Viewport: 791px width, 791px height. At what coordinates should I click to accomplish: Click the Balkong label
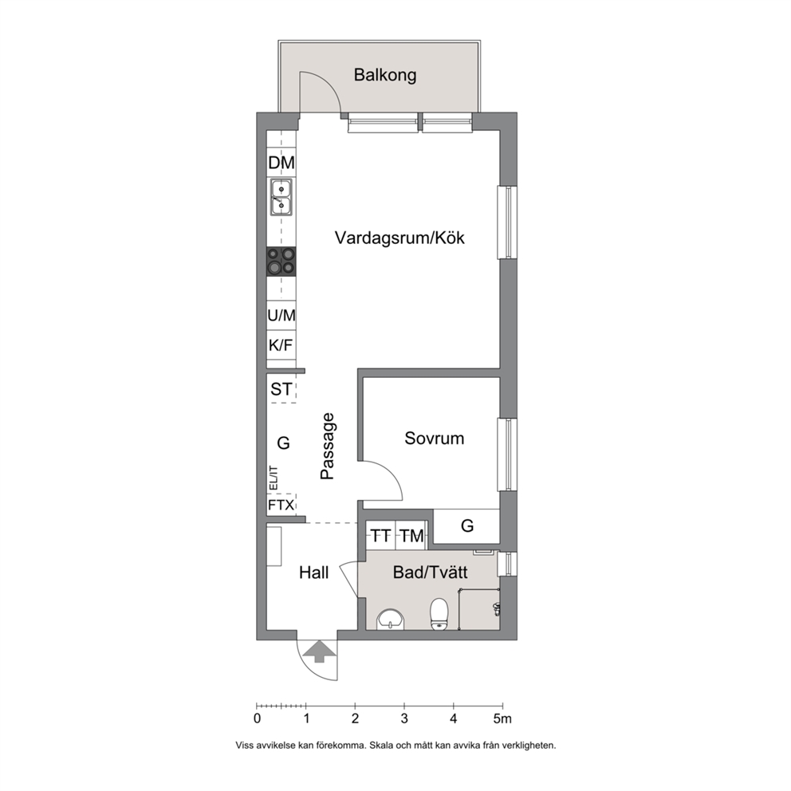point(385,75)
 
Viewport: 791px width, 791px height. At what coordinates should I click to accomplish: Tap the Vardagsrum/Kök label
point(399,238)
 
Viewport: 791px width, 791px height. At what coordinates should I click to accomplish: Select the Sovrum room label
point(435,439)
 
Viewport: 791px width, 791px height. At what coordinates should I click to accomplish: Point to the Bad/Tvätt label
point(431,573)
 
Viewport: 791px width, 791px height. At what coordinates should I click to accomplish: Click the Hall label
point(314,573)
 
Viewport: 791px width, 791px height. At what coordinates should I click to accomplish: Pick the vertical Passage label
point(328,446)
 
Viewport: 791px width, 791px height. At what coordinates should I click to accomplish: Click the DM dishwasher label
point(281,163)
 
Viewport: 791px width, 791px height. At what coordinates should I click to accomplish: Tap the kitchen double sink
point(281,197)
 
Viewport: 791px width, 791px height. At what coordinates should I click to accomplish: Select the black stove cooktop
point(281,262)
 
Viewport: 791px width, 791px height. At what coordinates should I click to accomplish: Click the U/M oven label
point(281,316)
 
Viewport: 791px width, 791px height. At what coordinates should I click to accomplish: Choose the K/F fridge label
point(281,345)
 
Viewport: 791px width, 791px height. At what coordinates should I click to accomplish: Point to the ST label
point(281,389)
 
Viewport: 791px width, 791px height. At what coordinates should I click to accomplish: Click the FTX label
point(281,505)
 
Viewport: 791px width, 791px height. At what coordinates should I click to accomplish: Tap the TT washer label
point(381,536)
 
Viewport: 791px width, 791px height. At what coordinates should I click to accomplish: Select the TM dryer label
point(411,536)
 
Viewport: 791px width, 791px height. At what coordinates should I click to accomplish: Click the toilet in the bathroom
point(439,614)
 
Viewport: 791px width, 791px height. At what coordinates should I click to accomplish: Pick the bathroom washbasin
point(391,619)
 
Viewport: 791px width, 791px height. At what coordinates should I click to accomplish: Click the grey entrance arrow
point(318,651)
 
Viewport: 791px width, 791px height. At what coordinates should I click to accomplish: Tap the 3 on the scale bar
point(404,719)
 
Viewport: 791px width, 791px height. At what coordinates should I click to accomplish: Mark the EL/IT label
point(274,478)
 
